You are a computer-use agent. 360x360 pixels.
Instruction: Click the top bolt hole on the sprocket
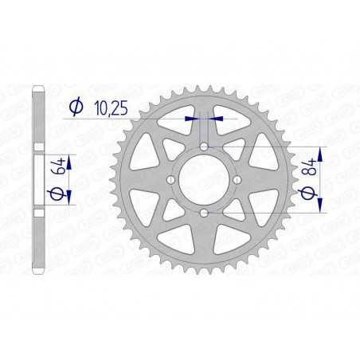205,147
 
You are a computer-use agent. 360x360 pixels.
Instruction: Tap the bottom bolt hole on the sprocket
205,213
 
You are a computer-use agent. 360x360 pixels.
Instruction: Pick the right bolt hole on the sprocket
237,180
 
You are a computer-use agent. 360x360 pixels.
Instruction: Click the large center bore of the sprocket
205,180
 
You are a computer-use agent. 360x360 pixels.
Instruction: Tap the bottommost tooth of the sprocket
205,273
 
